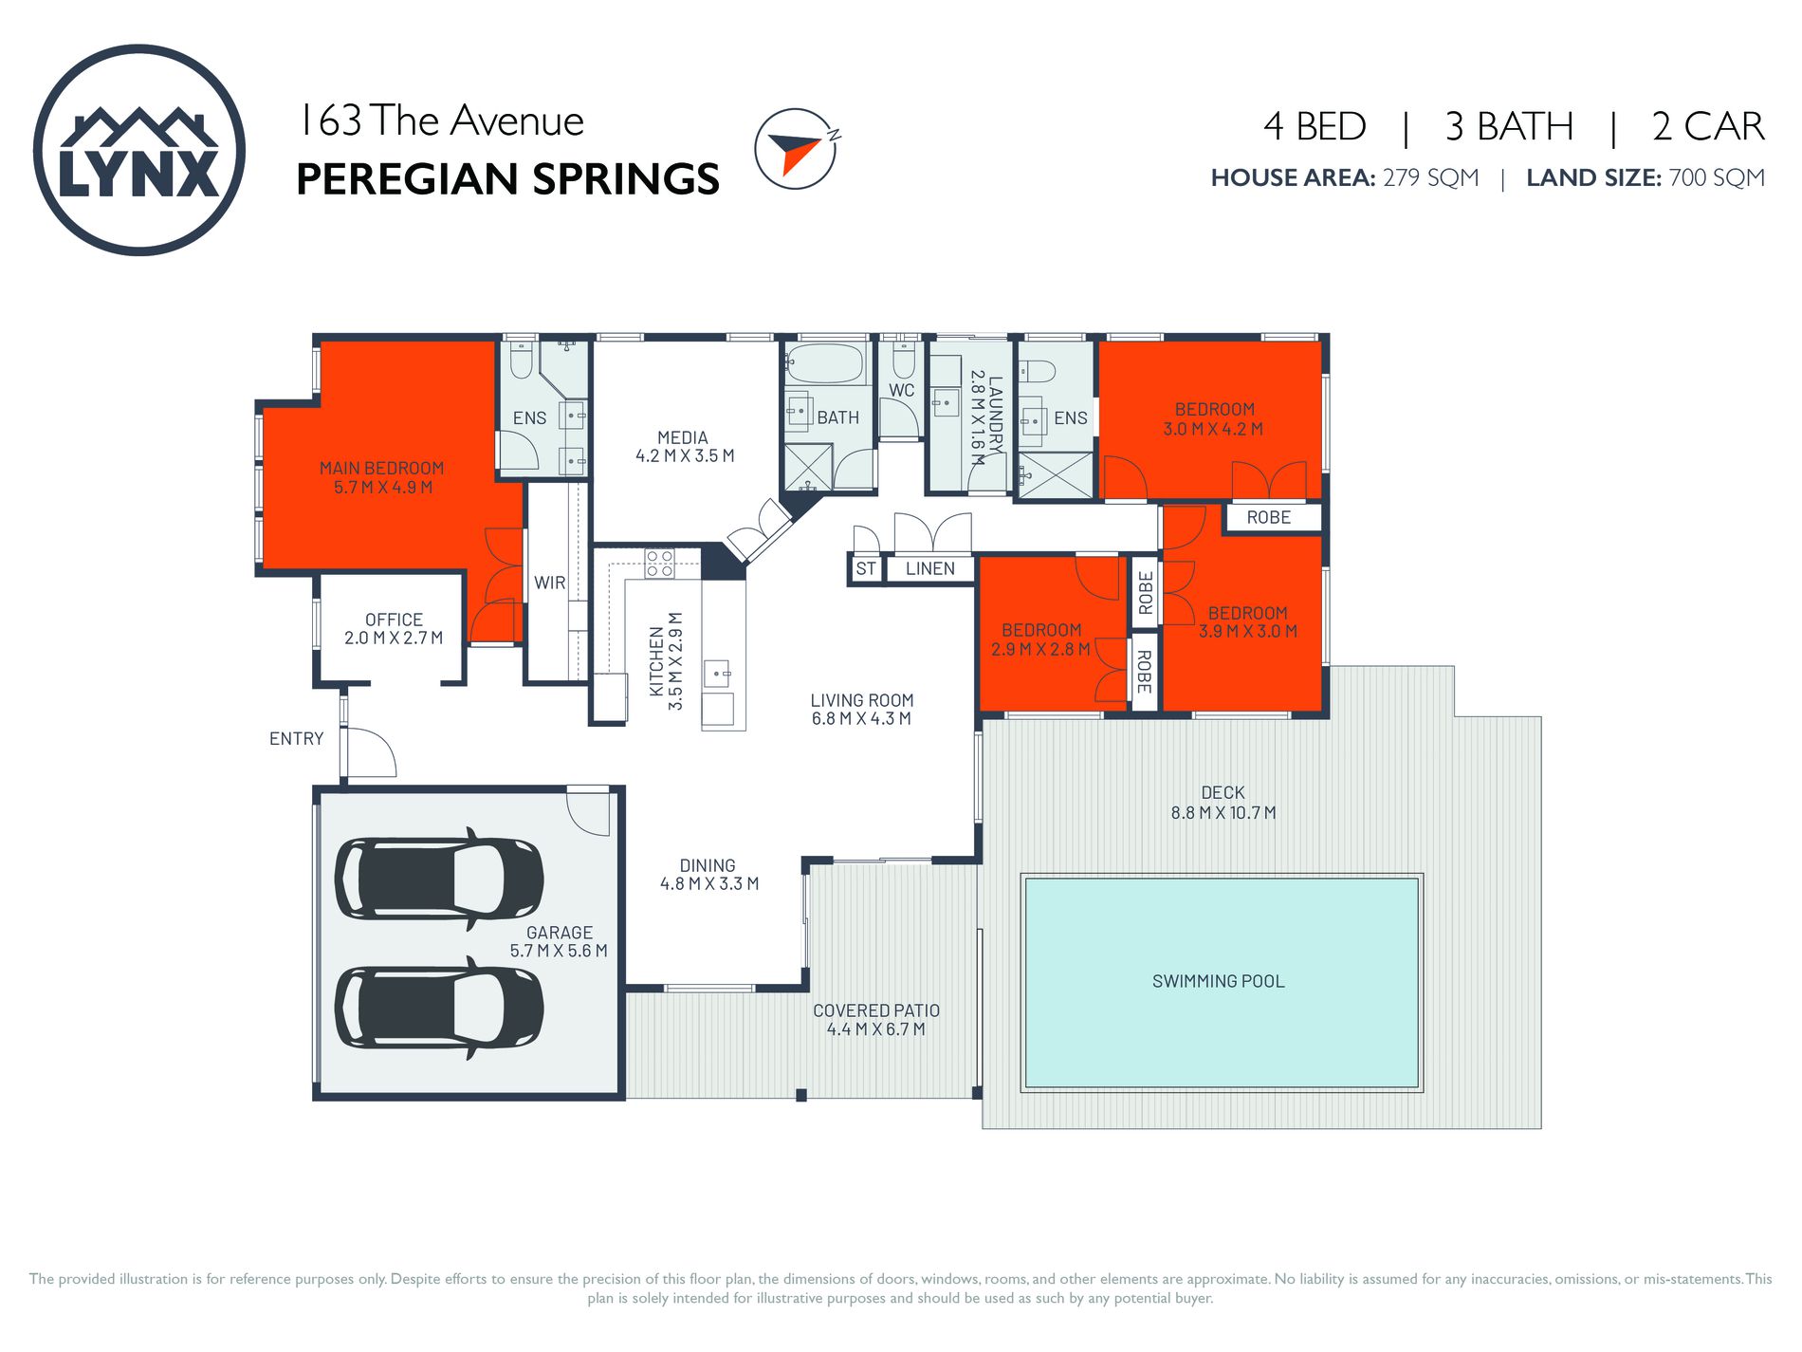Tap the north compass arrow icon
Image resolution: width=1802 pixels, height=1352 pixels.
pos(797,149)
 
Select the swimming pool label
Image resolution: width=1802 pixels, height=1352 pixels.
pos(1219,981)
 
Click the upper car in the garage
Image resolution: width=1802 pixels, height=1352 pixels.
pos(439,878)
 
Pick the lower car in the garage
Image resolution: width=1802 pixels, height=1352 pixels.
pos(439,1008)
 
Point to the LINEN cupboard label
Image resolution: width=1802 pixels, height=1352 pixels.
pos(930,568)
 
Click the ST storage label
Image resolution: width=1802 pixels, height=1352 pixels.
pos(866,568)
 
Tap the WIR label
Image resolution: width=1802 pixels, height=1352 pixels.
pos(550,583)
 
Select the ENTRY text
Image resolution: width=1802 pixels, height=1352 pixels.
pos(297,738)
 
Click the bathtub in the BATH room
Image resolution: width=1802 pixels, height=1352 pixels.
pos(825,363)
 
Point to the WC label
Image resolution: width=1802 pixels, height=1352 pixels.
pos(902,390)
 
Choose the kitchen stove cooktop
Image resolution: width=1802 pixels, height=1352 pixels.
pos(659,563)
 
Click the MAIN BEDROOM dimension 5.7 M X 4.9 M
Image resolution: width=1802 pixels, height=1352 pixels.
pos(383,488)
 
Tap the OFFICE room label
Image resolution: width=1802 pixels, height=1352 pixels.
pos(394,620)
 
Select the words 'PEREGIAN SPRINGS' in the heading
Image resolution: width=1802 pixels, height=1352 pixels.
pos(508,179)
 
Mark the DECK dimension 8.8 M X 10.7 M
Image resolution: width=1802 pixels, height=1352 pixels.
pos(1223,813)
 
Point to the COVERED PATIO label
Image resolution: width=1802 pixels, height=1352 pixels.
pos(876,1010)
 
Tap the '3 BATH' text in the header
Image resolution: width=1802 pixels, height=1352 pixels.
pos(1509,126)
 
